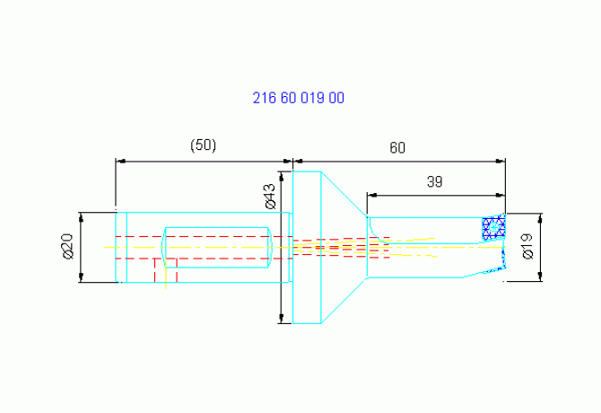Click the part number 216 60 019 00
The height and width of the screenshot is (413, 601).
pyautogui.click(x=298, y=98)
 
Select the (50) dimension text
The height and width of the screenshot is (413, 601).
pyautogui.click(x=203, y=145)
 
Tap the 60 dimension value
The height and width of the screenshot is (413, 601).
pyautogui.click(x=397, y=147)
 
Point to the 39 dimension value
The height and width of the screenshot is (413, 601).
pyautogui.click(x=435, y=181)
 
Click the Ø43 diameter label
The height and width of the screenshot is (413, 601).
pyautogui.click(x=270, y=197)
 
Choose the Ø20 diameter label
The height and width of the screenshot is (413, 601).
pyautogui.click(x=68, y=246)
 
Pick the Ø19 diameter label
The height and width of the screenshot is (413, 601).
pyautogui.click(x=527, y=247)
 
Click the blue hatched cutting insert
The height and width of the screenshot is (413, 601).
pyautogui.click(x=493, y=228)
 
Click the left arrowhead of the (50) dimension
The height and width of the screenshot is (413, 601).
pyautogui.click(x=120, y=162)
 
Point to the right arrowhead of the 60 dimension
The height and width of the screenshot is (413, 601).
pyautogui.click(x=501, y=162)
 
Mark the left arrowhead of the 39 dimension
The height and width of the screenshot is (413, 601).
pyautogui.click(x=371, y=195)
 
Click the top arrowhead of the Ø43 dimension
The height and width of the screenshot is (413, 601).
pyautogui.click(x=282, y=176)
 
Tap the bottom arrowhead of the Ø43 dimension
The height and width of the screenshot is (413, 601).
pyautogui.click(x=282, y=319)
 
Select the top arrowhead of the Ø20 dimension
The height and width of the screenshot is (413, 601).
pyautogui.click(x=81, y=217)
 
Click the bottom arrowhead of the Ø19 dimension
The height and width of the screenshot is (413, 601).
pyautogui.click(x=540, y=277)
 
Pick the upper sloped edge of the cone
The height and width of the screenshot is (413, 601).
pyautogui.click(x=344, y=194)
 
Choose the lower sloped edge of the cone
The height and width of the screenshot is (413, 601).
pyautogui.click(x=344, y=301)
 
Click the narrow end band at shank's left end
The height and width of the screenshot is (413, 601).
pyautogui.click(x=121, y=247)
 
